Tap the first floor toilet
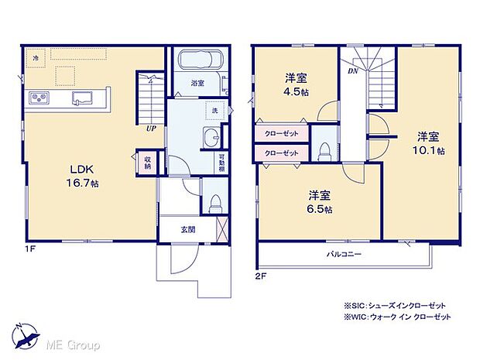(x=215, y=202)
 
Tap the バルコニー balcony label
(x=343, y=253)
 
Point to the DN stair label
(x=352, y=70)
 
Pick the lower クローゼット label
(x=282, y=153)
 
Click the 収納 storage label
(x=148, y=163)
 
